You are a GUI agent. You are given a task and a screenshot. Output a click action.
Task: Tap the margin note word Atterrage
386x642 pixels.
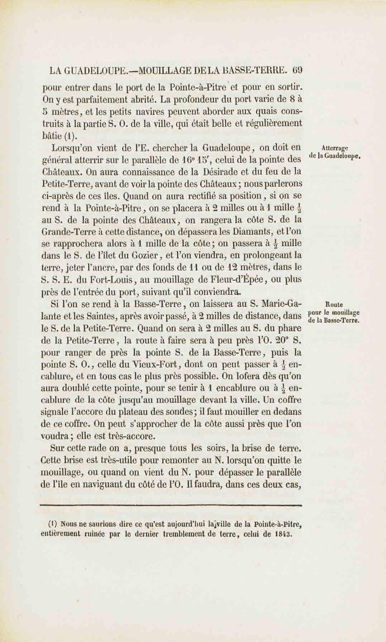335,148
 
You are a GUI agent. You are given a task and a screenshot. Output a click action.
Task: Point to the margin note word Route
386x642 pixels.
334,304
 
